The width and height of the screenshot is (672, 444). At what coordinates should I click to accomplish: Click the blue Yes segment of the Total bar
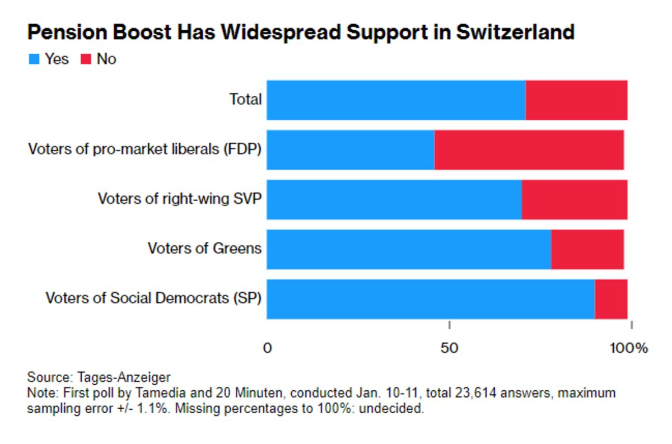[396, 100]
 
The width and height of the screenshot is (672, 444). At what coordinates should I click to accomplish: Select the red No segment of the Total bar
[576, 100]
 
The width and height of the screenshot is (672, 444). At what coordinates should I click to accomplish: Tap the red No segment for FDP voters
[529, 149]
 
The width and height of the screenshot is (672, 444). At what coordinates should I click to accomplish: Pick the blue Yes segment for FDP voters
[351, 149]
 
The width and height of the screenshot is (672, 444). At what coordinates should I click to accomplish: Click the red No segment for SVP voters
[574, 199]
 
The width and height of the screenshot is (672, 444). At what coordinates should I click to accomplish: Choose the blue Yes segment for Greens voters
[409, 249]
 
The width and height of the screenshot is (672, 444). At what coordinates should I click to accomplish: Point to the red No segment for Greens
[587, 249]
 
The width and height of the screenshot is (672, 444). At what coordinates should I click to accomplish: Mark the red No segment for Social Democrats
[610, 299]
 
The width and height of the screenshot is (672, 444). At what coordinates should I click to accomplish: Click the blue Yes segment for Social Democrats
[431, 299]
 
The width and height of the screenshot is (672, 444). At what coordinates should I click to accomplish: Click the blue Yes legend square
[34, 59]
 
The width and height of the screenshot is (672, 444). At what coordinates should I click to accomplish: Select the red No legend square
[87, 59]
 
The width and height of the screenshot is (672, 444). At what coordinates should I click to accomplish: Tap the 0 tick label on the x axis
[267, 348]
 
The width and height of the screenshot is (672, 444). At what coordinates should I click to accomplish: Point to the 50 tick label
[449, 348]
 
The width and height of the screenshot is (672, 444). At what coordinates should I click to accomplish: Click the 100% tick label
[628, 348]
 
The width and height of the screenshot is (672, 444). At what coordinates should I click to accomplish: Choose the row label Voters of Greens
[204, 248]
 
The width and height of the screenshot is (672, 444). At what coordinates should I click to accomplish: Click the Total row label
[245, 100]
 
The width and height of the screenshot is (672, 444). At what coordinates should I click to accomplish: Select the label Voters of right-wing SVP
[179, 199]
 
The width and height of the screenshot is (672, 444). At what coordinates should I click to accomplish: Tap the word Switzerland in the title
[515, 32]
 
